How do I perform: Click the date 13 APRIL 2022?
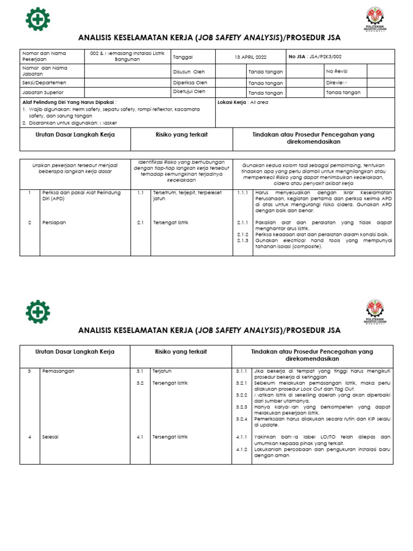click(x=251, y=57)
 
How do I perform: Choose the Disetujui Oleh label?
click(x=189, y=91)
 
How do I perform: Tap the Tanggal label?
click(x=183, y=57)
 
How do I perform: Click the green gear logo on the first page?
click(x=38, y=19)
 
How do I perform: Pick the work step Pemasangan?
click(x=58, y=371)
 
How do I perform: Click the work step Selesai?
click(x=50, y=437)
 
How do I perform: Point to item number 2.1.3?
click(x=242, y=241)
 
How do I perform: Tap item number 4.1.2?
click(x=241, y=449)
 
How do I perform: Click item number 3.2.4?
click(x=241, y=418)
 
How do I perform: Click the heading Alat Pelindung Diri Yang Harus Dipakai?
click(x=69, y=102)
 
